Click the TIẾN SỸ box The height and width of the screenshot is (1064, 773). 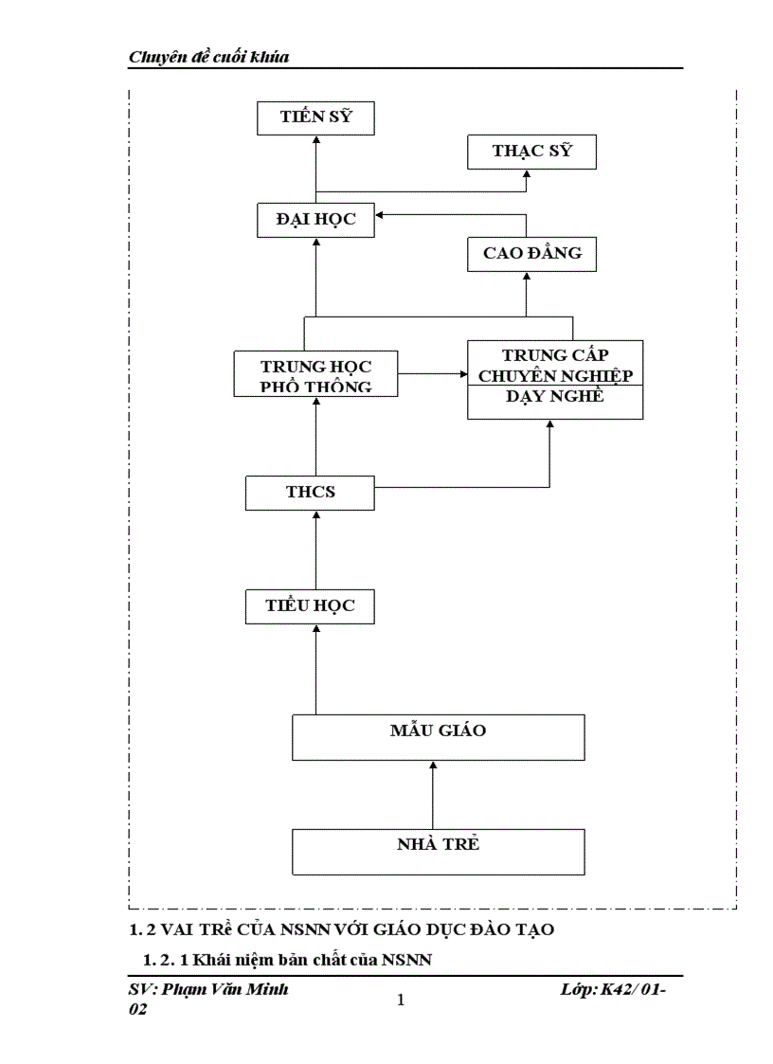316,118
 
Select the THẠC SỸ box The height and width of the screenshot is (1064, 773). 531,152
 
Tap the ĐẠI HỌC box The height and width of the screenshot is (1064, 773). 316,220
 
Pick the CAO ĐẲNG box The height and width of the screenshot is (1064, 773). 531,254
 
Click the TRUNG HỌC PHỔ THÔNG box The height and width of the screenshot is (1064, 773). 316,373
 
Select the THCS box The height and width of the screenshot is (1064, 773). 311,493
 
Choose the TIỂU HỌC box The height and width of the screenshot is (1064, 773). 311,605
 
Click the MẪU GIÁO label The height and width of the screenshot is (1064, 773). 438,730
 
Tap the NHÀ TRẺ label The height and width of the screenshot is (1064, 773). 438,844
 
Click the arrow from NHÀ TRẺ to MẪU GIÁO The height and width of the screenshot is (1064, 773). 432,795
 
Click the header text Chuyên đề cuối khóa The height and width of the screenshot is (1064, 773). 208,58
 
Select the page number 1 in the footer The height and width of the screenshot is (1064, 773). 401,1001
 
